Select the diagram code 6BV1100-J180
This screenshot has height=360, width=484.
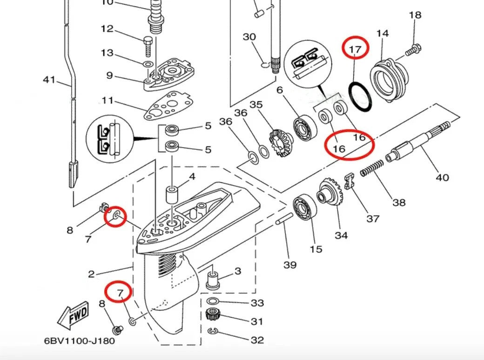pos(79,341)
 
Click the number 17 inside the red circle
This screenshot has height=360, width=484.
pos(356,48)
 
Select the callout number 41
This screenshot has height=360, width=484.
pos(49,80)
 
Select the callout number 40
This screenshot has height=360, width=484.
pos(442,177)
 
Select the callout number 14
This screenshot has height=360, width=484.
pos(383,33)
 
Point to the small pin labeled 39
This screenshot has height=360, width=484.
pos(284,220)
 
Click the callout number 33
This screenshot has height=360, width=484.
pos(257,303)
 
